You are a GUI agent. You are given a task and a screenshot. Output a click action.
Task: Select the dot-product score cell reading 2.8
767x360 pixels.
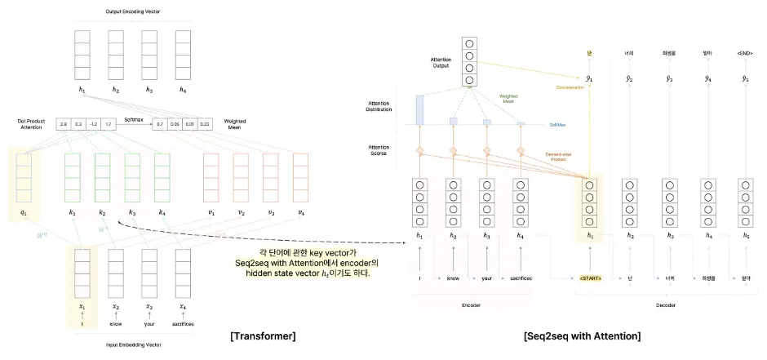[x=64, y=125]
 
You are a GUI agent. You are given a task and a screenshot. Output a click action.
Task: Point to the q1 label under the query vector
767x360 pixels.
[x=23, y=212]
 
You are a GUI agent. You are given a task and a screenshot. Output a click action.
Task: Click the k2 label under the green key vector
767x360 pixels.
[x=102, y=212]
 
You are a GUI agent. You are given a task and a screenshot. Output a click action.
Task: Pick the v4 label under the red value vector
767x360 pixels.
[x=301, y=212]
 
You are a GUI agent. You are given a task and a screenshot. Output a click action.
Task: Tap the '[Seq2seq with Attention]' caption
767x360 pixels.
[x=583, y=336]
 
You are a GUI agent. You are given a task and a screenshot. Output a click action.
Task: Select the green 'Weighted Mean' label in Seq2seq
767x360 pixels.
[x=508, y=99]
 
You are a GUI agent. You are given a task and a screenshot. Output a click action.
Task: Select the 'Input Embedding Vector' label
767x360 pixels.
[x=132, y=344]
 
